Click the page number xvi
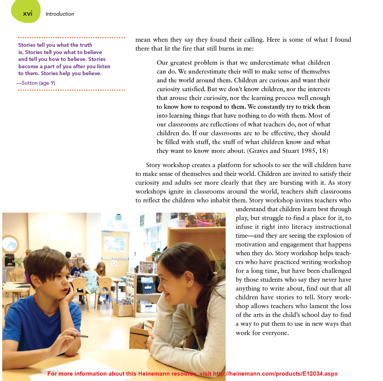coord(28,13)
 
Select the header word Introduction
coord(60,14)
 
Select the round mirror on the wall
coord(10,245)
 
